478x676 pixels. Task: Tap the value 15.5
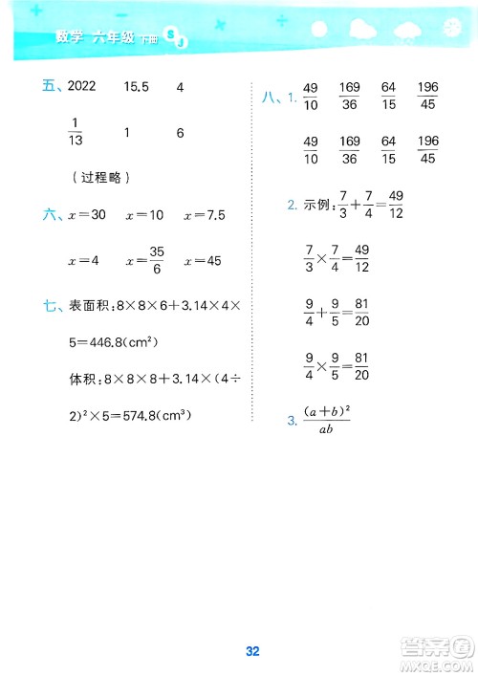138,87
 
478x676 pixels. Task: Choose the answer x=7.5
204,216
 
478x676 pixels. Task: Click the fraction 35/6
158,260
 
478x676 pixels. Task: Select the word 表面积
87,306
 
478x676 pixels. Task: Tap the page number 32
252,625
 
